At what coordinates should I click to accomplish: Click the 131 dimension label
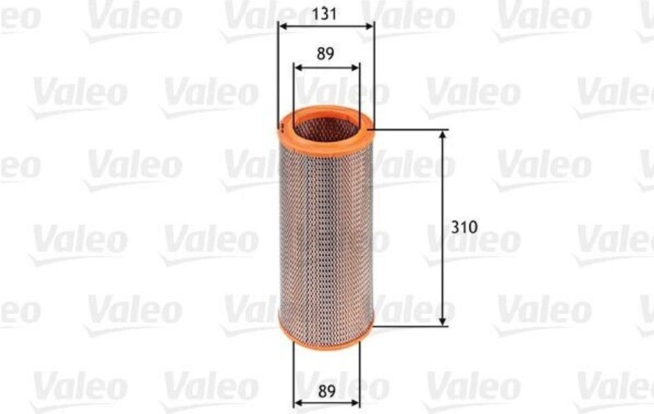tap(326, 13)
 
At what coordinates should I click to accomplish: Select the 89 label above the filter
tap(326, 54)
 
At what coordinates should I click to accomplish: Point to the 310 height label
tap(464, 227)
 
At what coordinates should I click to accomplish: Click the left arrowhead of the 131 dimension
tap(283, 27)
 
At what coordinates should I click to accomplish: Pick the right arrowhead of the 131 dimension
tap(370, 27)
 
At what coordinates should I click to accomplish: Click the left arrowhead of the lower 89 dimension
tap(298, 403)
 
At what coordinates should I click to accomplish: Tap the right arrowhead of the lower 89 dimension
tap(355, 403)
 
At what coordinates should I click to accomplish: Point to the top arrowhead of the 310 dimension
tap(442, 135)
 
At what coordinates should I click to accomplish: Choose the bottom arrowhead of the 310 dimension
tap(442, 322)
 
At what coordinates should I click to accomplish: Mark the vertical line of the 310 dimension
tap(442, 191)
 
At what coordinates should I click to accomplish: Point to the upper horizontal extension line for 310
tap(409, 130)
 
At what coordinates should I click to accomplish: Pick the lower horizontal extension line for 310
tap(409, 326)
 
